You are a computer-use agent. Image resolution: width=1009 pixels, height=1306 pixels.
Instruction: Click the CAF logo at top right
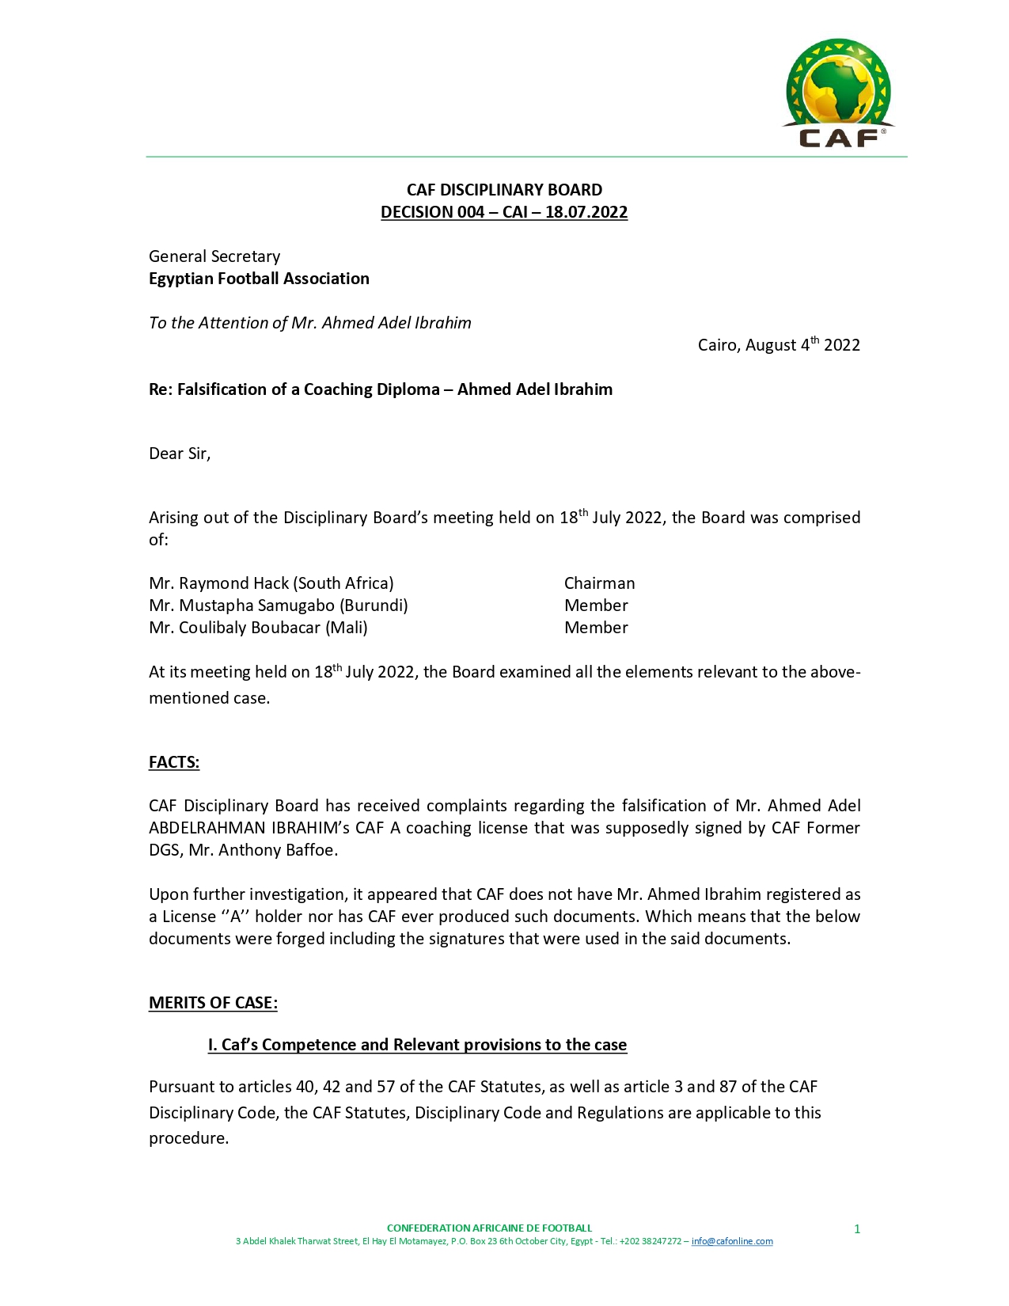(x=838, y=93)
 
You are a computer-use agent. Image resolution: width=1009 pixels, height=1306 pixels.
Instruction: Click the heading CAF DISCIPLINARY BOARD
(x=504, y=190)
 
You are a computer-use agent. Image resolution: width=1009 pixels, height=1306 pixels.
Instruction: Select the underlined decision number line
(x=504, y=212)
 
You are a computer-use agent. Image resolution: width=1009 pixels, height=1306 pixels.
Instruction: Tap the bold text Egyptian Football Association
(x=259, y=279)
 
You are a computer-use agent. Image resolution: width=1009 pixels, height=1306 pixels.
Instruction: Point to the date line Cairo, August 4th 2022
(x=778, y=345)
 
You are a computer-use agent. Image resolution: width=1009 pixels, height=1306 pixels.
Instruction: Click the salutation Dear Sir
(x=180, y=454)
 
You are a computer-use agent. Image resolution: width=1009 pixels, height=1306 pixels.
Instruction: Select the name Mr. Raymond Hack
(x=223, y=583)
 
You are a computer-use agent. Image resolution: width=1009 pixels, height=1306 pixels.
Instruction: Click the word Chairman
(x=599, y=583)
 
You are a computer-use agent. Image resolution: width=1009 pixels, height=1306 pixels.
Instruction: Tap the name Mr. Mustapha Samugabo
(x=245, y=606)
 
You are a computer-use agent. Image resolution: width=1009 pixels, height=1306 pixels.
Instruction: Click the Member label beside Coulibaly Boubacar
(x=596, y=628)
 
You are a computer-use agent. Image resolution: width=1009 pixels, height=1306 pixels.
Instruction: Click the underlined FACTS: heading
(x=174, y=762)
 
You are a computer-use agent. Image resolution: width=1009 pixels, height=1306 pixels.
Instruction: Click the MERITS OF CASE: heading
(x=213, y=1003)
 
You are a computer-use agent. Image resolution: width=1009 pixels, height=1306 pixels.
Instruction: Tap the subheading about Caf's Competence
(x=417, y=1045)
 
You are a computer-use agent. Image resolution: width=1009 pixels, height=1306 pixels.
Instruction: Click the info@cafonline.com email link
(x=732, y=1241)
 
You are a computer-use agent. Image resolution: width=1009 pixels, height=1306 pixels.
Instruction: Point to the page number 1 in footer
(x=857, y=1229)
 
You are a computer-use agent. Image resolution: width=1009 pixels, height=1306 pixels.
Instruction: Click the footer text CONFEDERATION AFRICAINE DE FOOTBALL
(x=489, y=1228)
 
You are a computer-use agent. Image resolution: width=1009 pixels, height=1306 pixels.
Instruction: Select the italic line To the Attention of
(x=309, y=323)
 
